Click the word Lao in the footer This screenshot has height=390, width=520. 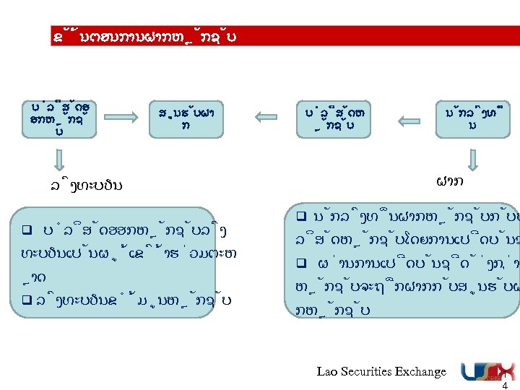(x=327, y=371)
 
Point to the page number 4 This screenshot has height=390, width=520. (x=505, y=384)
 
